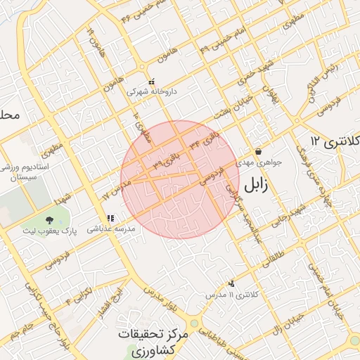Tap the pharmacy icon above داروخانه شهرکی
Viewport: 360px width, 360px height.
tap(151, 81)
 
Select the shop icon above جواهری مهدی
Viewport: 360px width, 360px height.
tap(259, 151)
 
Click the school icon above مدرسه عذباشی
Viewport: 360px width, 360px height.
tap(110, 219)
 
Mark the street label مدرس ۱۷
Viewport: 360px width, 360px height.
tap(117, 185)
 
